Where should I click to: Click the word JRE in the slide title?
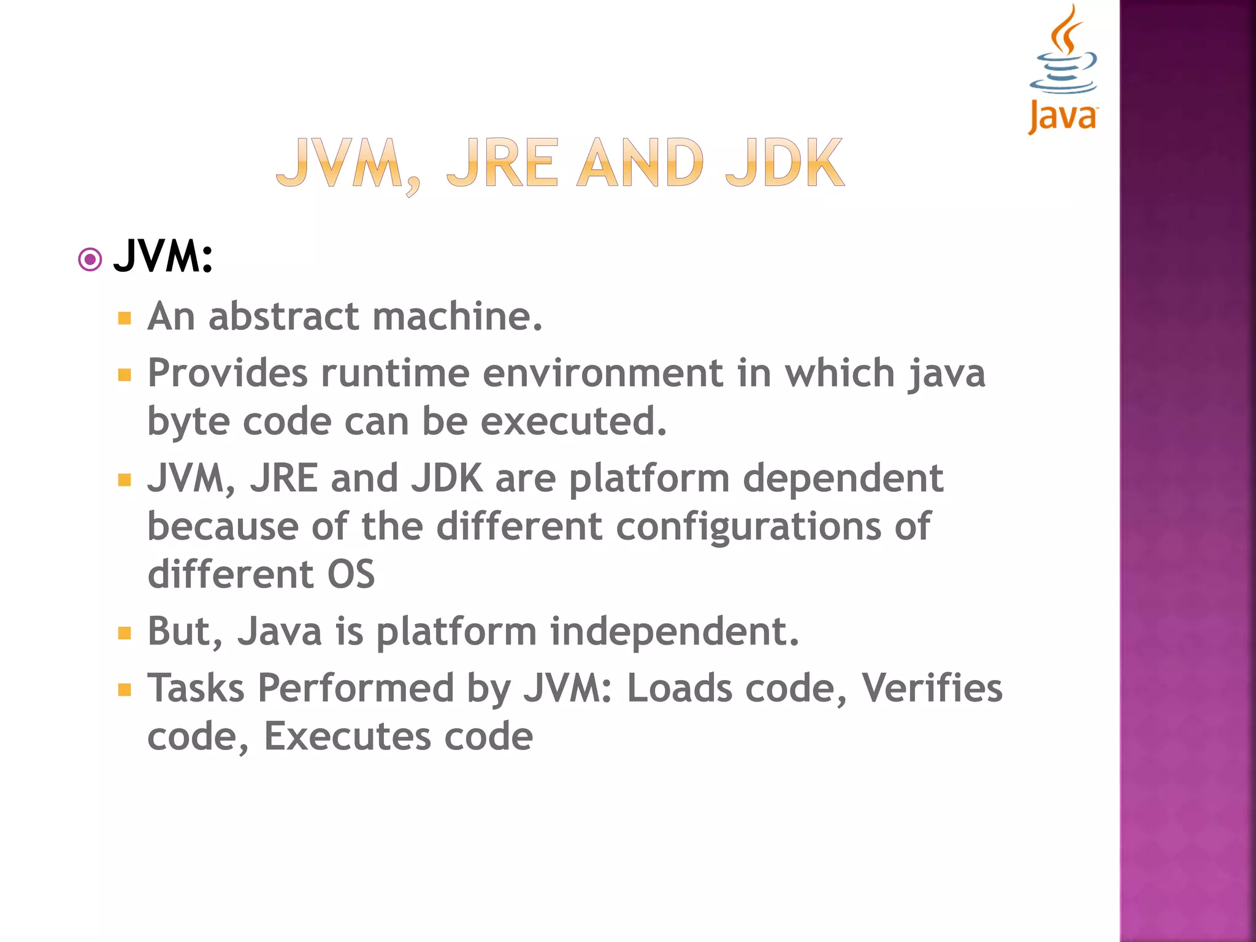[x=502, y=163]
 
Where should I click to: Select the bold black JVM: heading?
[x=163, y=256]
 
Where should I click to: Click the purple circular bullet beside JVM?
[x=90, y=260]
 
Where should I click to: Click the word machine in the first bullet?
[x=457, y=316]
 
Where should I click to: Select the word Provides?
[x=228, y=373]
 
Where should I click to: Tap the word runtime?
[x=395, y=373]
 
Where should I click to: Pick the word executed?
[x=573, y=422]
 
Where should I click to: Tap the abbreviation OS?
[x=351, y=575]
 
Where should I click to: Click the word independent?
[x=674, y=632]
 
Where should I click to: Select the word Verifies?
[x=932, y=688]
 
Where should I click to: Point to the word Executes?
[x=346, y=736]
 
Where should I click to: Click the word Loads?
[x=679, y=688]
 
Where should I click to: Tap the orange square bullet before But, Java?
[x=125, y=633]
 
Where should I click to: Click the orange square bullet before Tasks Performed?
[x=125, y=690]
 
